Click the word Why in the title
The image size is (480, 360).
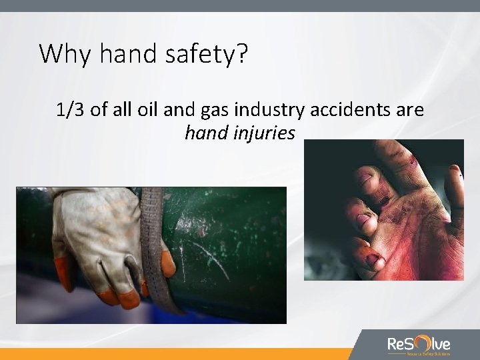click(59, 53)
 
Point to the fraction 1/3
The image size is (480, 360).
click(71, 110)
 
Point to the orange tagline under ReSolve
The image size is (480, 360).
click(419, 354)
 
